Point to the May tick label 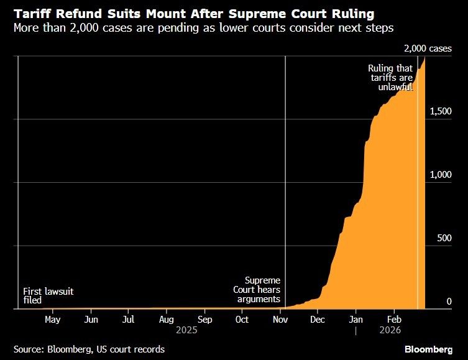click(x=53, y=320)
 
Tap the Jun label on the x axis click(x=91, y=320)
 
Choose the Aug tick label click(x=166, y=320)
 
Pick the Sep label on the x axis click(x=204, y=320)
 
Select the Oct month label click(x=242, y=320)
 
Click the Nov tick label click(x=280, y=320)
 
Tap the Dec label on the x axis click(x=317, y=320)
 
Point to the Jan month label click(x=356, y=320)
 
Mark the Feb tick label click(x=393, y=320)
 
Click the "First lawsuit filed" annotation click(x=48, y=295)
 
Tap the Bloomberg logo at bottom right click(x=428, y=349)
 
